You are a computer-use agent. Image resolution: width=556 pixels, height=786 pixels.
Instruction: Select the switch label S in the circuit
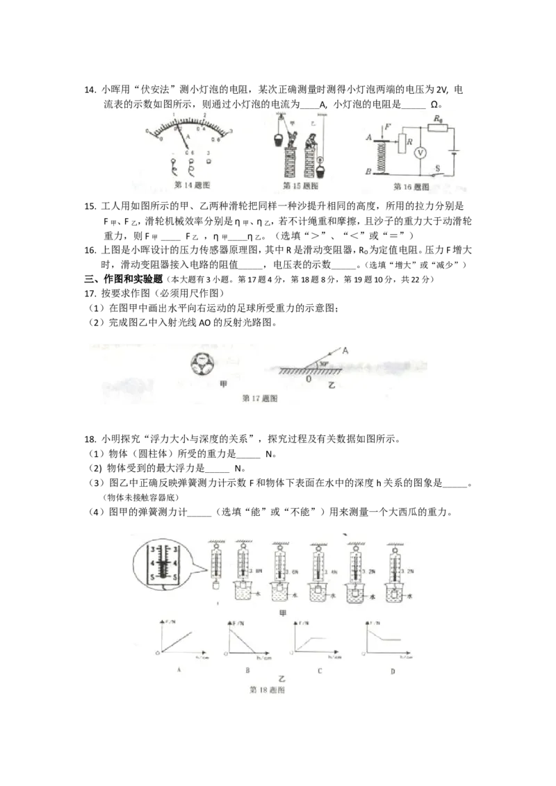click(437, 167)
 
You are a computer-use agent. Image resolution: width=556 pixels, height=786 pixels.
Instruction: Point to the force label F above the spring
click(387, 127)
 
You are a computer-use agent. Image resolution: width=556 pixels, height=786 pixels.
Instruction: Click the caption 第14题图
click(190, 185)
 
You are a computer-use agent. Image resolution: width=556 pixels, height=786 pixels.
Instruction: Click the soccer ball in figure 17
click(203, 362)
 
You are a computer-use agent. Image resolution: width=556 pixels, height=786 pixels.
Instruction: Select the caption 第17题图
click(259, 399)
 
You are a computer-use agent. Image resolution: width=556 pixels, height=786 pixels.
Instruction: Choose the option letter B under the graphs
click(247, 670)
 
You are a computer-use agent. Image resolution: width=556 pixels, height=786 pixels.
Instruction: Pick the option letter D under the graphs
click(393, 670)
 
